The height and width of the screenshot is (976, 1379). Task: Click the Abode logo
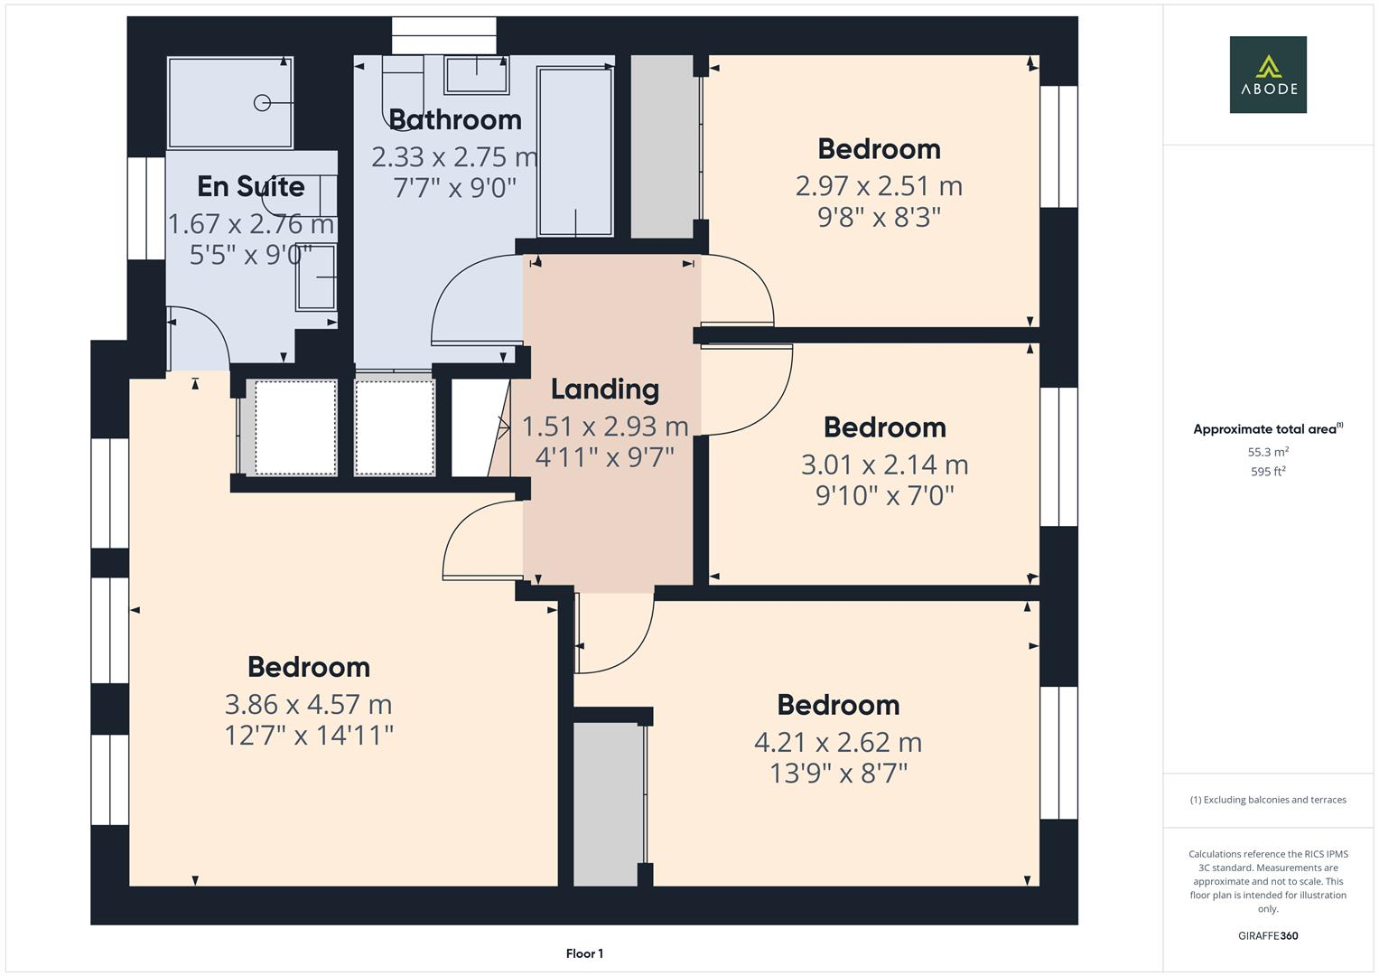click(1267, 75)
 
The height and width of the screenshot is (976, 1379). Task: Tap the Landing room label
click(604, 389)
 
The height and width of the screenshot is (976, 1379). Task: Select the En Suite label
click(250, 186)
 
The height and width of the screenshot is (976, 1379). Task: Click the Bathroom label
click(454, 119)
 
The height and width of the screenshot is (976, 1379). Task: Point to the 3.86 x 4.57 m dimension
click(308, 704)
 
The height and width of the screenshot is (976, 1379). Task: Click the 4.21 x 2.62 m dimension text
click(837, 742)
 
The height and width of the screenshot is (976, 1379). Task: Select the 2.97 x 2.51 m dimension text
click(878, 186)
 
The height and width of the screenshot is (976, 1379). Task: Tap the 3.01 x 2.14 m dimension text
click(884, 465)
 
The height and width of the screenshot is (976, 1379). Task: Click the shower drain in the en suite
click(262, 103)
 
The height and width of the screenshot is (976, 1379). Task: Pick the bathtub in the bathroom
click(574, 151)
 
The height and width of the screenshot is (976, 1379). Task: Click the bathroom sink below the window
click(475, 74)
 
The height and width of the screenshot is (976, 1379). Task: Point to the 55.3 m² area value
click(1267, 452)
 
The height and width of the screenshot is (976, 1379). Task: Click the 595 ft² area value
click(1267, 472)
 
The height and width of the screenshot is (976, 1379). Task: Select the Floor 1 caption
click(584, 953)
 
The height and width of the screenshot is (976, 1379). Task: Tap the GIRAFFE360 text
click(1267, 935)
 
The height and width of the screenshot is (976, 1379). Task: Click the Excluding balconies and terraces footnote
click(1267, 800)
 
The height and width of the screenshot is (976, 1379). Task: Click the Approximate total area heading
click(1267, 429)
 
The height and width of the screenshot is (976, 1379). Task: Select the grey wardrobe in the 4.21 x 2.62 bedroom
click(608, 804)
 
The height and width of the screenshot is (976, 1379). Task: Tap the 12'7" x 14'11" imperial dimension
click(308, 736)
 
